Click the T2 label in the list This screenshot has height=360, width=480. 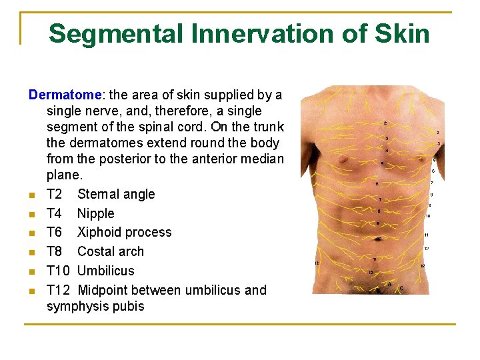[x=55, y=194]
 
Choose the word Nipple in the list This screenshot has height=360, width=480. [x=95, y=213]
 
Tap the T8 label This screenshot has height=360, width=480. [x=55, y=251]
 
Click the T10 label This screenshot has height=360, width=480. [x=58, y=271]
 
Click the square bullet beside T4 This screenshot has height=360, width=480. [x=31, y=214]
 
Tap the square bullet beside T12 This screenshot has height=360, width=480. [x=31, y=291]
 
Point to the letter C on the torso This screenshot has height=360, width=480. [x=400, y=288]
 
